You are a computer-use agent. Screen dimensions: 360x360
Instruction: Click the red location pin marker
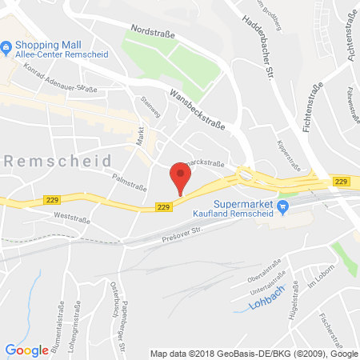pos(180,177)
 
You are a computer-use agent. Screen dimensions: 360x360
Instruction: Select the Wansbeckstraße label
pos(196,110)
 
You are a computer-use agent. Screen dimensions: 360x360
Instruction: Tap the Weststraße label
pos(69,215)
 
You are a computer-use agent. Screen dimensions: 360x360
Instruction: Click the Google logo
pos(26,350)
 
